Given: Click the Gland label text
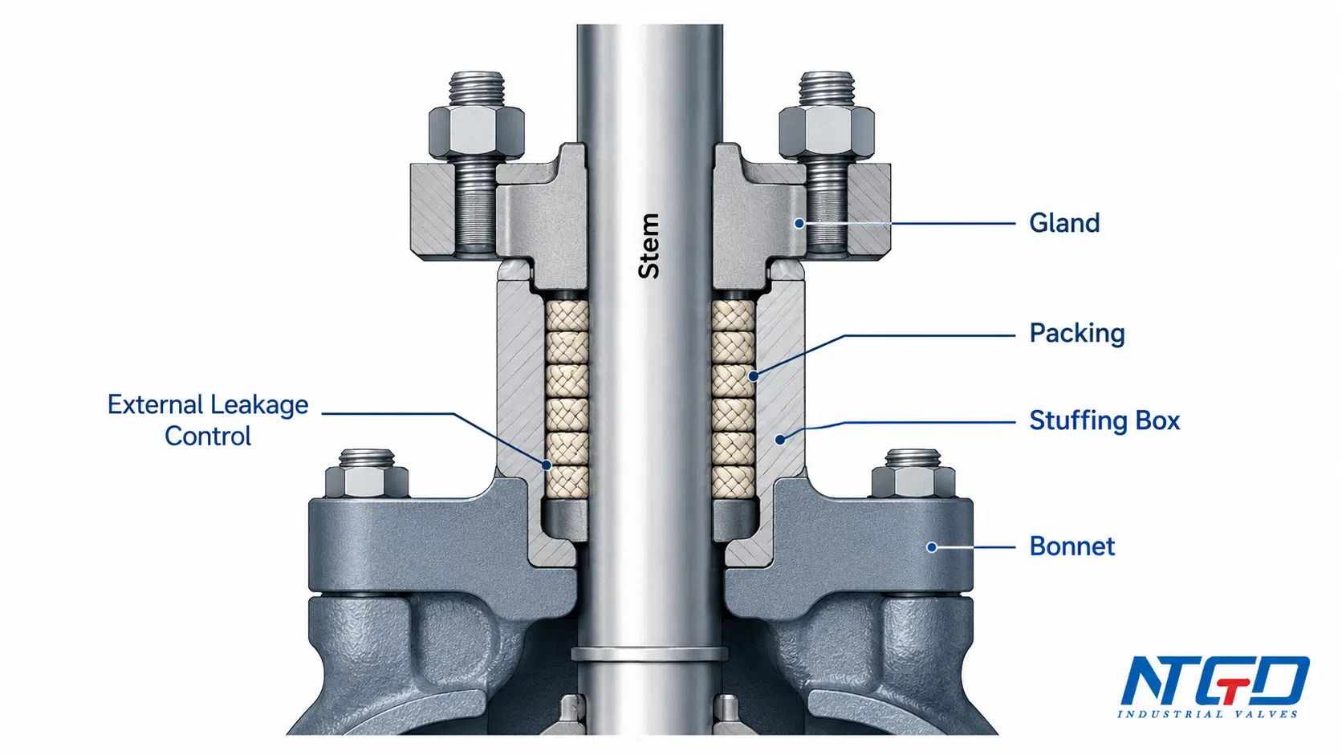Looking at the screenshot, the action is [1064, 223].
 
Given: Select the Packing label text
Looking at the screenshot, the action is [1076, 334].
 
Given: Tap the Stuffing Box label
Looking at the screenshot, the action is [1104, 421].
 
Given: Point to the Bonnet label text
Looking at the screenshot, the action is [1072, 546].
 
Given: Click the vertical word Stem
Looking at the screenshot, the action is [649, 246].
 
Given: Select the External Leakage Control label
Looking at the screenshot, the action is [208, 420].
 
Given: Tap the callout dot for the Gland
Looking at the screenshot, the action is [799, 223].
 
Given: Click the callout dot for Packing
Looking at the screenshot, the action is [754, 376].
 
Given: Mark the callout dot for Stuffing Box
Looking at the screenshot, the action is [780, 440].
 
